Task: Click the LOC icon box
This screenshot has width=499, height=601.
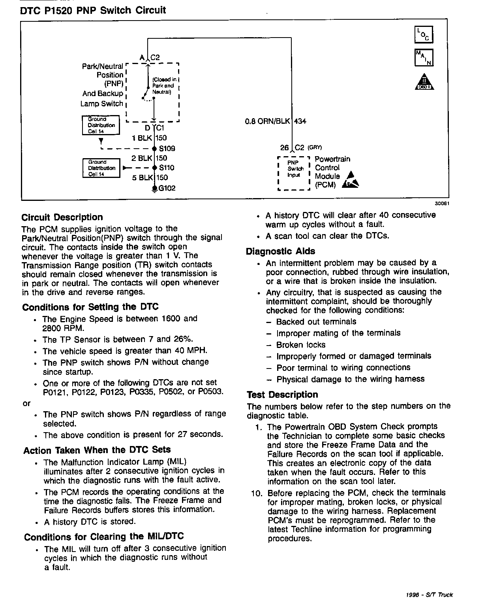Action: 424,34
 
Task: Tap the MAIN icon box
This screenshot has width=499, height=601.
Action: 424,57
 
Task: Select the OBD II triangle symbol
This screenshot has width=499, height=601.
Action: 424,82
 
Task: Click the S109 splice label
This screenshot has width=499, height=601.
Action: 167,149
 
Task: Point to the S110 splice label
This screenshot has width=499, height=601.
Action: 167,168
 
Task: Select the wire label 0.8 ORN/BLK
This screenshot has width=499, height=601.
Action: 267,121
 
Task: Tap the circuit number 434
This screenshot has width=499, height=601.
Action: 300,121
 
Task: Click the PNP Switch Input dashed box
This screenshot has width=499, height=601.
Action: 294,173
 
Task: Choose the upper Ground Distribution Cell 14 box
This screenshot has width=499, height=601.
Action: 101,125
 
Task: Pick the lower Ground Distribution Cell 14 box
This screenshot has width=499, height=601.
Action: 101,168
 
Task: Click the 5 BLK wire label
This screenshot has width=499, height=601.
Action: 142,178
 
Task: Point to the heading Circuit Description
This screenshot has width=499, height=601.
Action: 62,217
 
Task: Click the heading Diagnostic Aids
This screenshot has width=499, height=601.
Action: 280,251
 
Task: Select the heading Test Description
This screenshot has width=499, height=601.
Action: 282,395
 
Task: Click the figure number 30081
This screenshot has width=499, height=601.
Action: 442,204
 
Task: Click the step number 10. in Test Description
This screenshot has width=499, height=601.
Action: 257,493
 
